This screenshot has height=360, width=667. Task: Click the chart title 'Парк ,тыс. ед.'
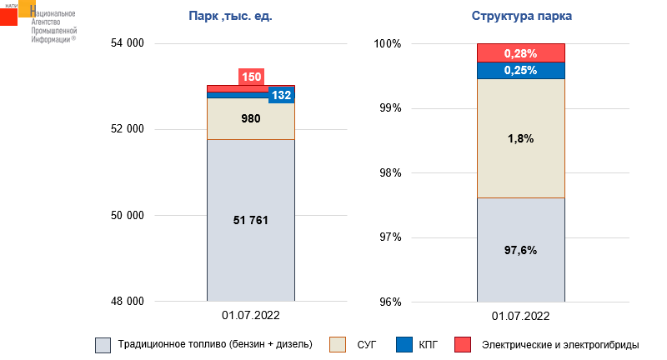tap(231, 17)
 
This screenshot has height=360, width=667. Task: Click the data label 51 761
tap(250, 220)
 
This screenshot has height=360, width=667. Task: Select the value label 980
tap(250, 118)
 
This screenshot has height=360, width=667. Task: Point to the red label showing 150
tap(251, 77)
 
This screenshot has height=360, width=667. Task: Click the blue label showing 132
tap(281, 95)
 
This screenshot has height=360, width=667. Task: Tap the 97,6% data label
tap(520, 250)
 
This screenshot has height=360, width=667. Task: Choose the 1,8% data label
tap(520, 138)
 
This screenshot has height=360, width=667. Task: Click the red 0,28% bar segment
tap(520, 53)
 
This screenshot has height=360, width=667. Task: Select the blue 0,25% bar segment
tap(520, 71)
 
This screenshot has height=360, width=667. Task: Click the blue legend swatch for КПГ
tap(404, 344)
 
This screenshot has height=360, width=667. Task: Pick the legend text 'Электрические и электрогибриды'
tap(559, 344)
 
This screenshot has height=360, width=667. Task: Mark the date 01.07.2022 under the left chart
tap(250, 316)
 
